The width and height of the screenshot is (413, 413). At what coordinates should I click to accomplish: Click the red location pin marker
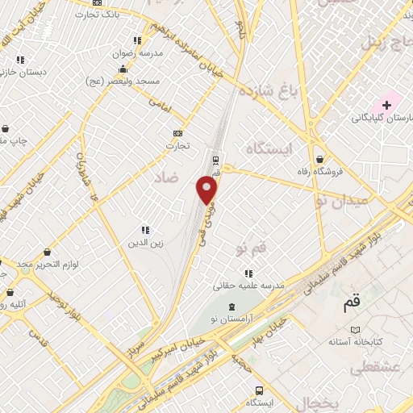point(207,190)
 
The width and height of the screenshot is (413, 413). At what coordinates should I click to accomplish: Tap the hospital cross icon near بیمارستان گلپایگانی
point(387,105)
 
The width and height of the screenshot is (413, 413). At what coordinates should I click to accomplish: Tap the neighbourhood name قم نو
point(251,248)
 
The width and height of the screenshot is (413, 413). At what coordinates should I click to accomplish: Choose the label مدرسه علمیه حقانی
point(248,286)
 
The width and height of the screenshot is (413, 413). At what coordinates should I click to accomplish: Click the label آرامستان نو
point(232,320)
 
